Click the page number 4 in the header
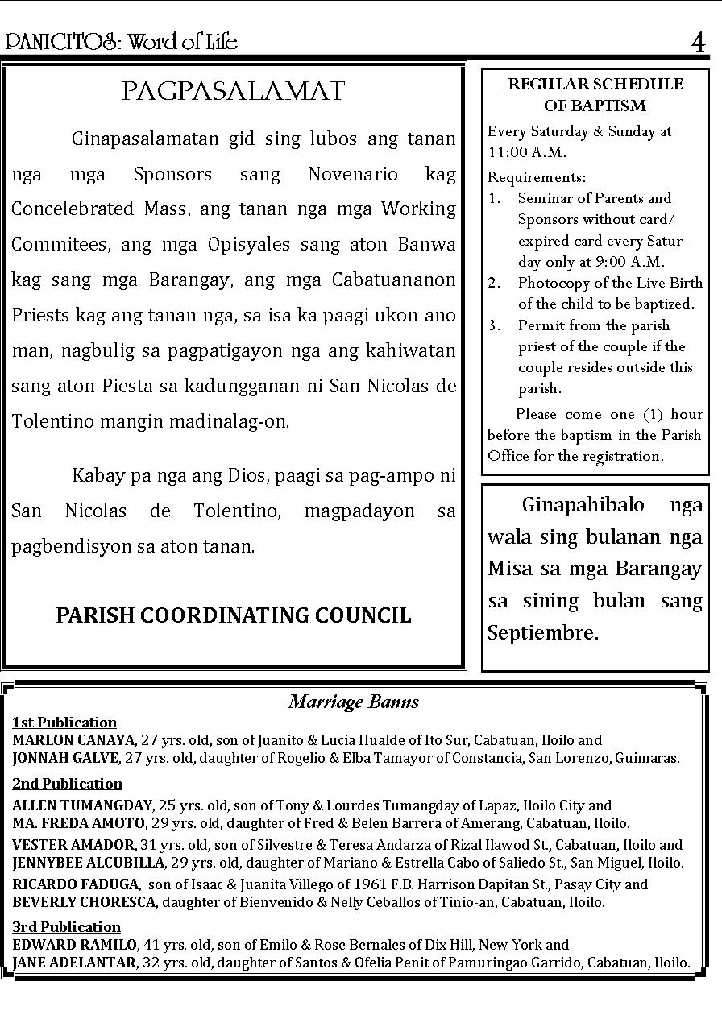click(x=698, y=41)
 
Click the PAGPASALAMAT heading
click(x=234, y=92)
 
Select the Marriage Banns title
click(x=354, y=702)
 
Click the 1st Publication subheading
click(x=64, y=723)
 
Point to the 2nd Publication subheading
click(x=67, y=784)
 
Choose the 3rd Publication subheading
click(x=66, y=927)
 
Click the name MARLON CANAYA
click(x=73, y=740)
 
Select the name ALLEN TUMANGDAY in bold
click(x=82, y=805)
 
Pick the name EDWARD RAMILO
click(x=75, y=945)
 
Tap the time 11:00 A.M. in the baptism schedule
click(x=527, y=152)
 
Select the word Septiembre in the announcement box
click(x=542, y=633)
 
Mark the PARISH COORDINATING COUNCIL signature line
click(x=234, y=615)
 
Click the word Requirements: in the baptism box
click(x=537, y=177)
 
